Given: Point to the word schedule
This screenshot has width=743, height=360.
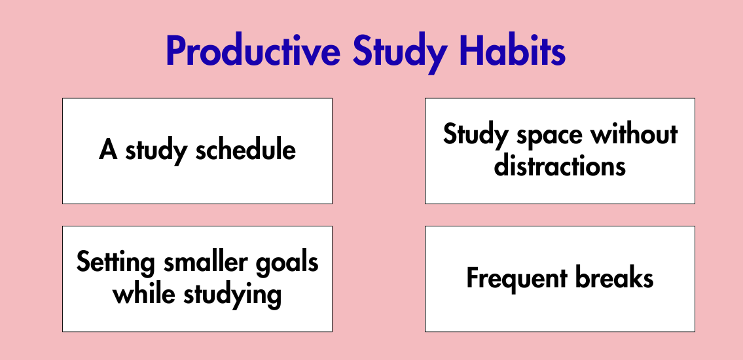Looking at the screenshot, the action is tap(246, 150).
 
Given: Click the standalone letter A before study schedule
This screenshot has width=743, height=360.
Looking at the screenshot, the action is tap(109, 151).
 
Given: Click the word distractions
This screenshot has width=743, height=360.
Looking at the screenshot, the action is tap(560, 166).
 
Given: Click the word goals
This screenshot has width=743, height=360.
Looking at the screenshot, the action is tap(287, 263).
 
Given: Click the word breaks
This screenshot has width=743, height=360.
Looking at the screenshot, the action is tap(614, 278).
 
